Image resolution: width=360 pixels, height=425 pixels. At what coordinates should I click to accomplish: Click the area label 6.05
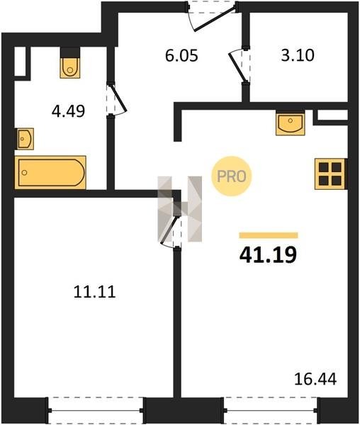181,56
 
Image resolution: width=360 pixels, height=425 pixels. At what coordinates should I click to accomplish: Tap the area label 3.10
298,55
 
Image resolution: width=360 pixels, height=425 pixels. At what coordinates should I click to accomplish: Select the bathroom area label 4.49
68,111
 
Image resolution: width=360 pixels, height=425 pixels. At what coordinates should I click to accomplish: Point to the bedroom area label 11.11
95,292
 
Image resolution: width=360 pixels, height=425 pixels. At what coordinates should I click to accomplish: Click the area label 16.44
315,379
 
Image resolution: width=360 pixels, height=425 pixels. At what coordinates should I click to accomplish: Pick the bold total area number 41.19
268,255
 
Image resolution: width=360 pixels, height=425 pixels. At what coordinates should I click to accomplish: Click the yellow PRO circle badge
232,176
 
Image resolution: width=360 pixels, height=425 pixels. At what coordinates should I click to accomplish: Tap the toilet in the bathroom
70,67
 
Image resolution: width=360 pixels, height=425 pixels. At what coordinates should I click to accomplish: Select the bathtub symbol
51,172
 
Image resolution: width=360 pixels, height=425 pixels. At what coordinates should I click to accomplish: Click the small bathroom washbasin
26,139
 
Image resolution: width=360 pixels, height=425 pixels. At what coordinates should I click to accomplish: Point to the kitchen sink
291,124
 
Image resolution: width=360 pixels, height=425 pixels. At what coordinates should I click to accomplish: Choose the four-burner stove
330,174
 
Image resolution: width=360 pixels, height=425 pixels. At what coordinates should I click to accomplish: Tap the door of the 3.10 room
240,65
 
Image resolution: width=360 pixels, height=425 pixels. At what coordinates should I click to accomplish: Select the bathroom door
116,99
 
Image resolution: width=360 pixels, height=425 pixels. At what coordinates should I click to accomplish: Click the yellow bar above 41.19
269,235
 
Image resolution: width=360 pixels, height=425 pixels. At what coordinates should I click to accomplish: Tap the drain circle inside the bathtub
24,173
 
